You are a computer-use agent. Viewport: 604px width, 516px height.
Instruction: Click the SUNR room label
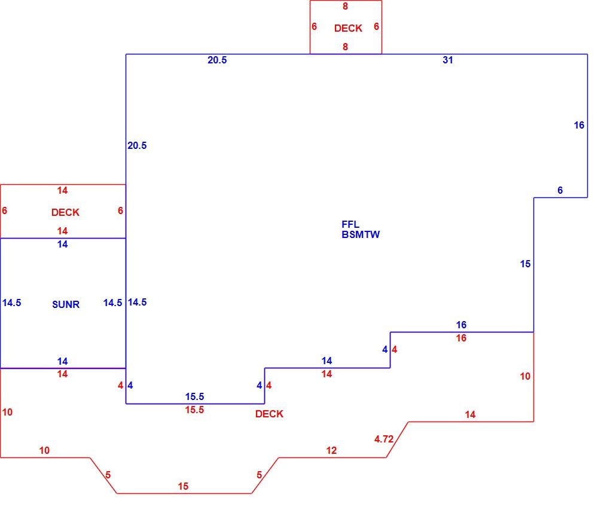[66, 304]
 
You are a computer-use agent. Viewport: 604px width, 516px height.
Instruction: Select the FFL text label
[350, 224]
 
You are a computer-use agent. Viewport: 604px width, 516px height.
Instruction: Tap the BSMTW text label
[361, 234]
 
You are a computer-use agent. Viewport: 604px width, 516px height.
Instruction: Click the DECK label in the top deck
[348, 29]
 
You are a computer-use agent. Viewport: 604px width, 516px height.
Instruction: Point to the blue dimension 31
[447, 60]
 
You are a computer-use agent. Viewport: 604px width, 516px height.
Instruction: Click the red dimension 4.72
[384, 439]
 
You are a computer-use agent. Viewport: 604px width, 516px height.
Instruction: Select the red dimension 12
[331, 451]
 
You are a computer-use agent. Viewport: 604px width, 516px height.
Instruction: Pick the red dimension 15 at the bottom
[183, 486]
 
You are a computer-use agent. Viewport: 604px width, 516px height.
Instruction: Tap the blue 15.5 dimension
[194, 396]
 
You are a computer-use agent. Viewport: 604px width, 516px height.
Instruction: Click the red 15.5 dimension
[194, 410]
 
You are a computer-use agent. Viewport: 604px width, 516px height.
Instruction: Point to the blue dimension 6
[560, 190]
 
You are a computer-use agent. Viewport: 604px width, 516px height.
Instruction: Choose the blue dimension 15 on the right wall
[526, 264]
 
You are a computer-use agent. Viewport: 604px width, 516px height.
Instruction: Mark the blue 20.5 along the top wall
[217, 60]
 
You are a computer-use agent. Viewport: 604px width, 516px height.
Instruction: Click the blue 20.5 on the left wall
[137, 145]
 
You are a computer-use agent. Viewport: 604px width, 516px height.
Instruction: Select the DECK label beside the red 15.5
[269, 414]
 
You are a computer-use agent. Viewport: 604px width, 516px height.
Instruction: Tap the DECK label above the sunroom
[66, 213]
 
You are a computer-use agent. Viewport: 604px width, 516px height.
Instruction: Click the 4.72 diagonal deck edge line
[397, 439]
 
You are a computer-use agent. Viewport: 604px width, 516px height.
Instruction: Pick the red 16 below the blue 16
[461, 338]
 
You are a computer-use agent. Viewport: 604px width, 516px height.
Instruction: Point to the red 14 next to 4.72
[470, 415]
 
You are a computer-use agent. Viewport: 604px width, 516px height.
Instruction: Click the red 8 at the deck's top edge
[345, 7]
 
